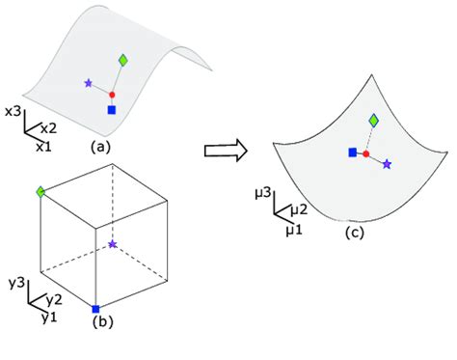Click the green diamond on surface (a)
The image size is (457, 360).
(123, 61)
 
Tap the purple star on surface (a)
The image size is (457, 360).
(89, 84)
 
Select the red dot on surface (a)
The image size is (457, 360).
(112, 95)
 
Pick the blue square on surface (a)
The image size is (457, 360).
(112, 111)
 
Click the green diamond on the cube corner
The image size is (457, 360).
(40, 193)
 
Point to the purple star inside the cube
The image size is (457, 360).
(114, 245)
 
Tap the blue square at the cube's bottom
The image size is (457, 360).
(95, 309)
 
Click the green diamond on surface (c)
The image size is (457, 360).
(373, 119)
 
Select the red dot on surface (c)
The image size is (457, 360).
(365, 153)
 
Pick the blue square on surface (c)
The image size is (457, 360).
(352, 152)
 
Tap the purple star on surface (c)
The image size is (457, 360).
(387, 165)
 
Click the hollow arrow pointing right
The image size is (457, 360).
(226, 150)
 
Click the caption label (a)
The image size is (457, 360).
(100, 148)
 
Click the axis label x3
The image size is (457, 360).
(13, 112)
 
